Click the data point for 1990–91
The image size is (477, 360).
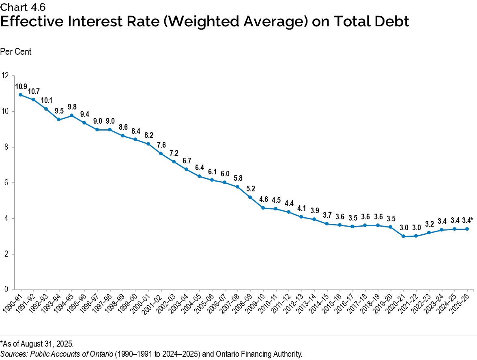20,94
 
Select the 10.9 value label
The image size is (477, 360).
21,86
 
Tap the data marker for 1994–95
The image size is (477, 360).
71,115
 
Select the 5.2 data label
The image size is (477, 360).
251,189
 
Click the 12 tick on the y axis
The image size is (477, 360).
5,75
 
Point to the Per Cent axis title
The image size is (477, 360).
16,52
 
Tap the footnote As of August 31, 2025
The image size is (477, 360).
37,344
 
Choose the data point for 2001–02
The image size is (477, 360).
161,154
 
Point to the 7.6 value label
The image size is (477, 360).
161,145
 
